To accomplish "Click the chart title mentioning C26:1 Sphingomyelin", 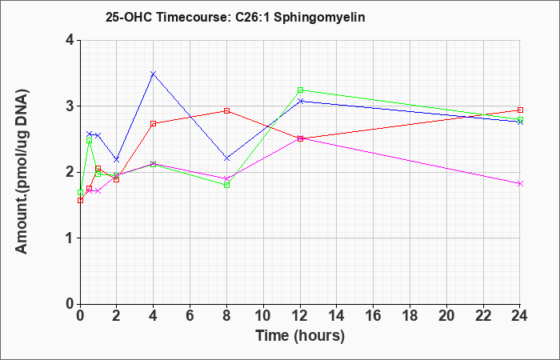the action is click(235, 17).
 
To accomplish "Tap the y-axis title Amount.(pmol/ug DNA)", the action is click(22, 172).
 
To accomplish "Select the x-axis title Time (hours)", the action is click(300, 336).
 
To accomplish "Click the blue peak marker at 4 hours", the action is click(154, 74).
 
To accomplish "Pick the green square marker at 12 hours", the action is click(300, 90).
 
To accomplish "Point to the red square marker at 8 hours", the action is click(226, 110).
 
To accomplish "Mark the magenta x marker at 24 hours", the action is click(520, 183).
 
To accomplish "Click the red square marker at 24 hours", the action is click(520, 110).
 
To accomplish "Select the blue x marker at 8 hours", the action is click(226, 158).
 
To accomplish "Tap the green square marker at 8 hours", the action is click(226, 185).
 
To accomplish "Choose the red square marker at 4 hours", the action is click(154, 123).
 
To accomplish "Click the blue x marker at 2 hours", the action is click(117, 160).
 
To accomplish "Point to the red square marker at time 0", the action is click(80, 200).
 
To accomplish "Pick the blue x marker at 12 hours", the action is click(300, 101).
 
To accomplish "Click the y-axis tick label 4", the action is click(70, 40).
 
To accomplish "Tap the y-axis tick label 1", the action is click(70, 238).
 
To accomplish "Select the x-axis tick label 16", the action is click(374, 316).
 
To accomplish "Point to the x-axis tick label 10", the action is click(263, 316).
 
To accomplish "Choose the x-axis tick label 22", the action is click(483, 316).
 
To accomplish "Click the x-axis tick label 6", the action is click(190, 316).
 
